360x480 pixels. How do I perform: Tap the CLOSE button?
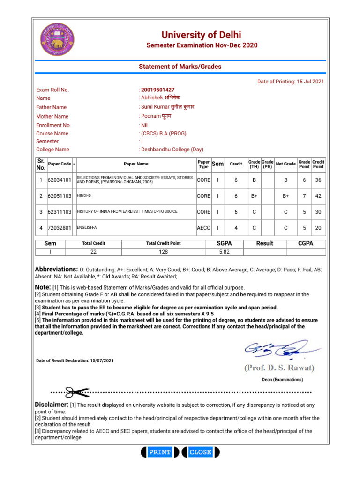tap(200, 452)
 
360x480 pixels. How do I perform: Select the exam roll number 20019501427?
tap(157, 90)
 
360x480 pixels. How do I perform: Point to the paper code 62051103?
tap(60, 196)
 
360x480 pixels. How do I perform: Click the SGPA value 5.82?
tap(225, 252)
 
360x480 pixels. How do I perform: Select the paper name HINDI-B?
tap(84, 195)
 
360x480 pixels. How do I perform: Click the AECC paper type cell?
tap(203, 228)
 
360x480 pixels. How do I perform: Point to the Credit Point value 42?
tap(318, 196)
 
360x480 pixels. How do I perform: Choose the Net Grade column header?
tap(285, 164)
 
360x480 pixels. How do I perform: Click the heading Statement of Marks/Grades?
tap(180, 67)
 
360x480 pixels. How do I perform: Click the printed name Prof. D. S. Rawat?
tap(279, 367)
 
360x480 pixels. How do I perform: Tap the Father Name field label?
tap(51, 107)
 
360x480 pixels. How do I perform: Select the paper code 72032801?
tap(60, 228)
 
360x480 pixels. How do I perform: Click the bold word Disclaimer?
tap(52, 404)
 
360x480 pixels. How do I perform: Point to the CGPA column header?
tap(306, 243)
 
